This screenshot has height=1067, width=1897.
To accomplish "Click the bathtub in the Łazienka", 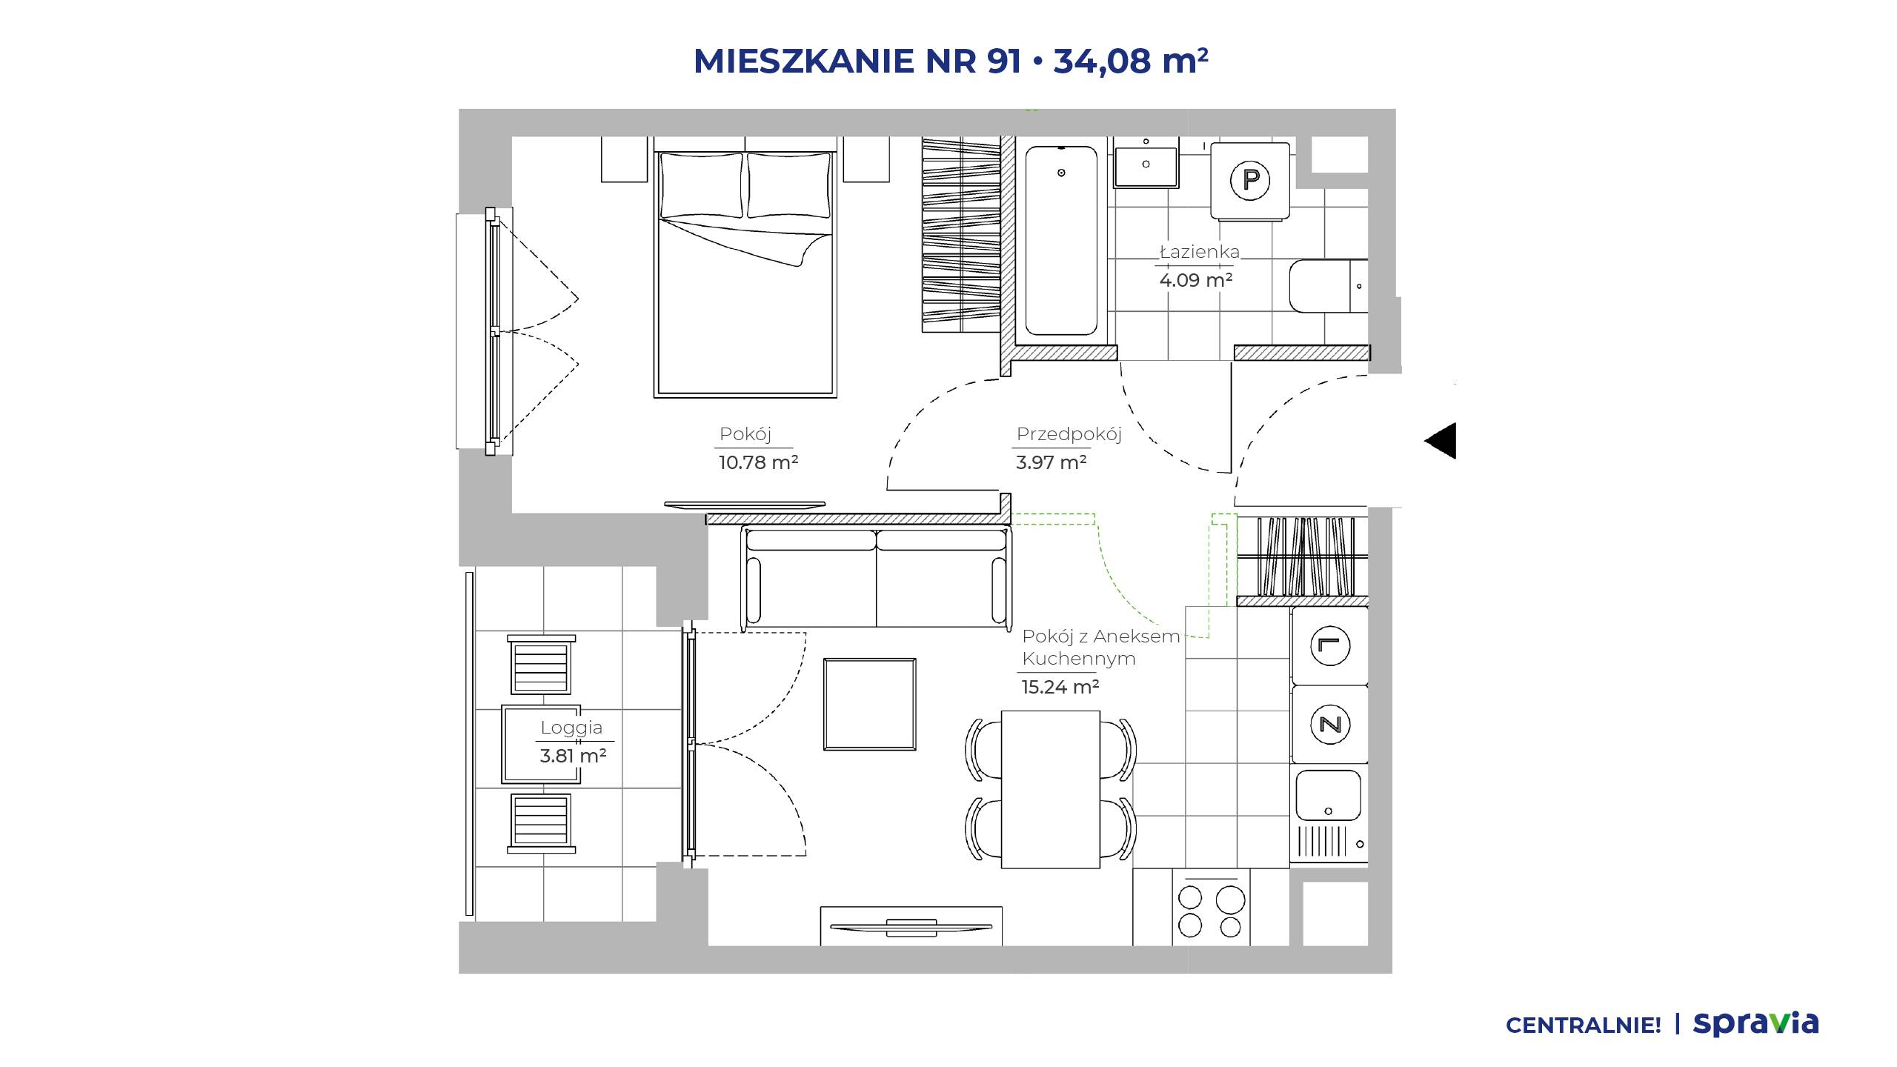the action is pos(1060,241).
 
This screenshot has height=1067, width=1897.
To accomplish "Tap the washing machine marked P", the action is pos(1250,180).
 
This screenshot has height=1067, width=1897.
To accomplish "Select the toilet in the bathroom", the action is pos(1329,286).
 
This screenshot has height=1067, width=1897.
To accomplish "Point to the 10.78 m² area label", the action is pos(758,462).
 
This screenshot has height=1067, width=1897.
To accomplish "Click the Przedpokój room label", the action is pos(1069,434).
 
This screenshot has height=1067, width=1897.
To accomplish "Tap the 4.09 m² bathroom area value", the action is pos(1196,280).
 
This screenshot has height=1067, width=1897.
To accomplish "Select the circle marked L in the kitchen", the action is pos(1330,645).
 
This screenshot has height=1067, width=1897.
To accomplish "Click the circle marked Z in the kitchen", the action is pos(1330,724).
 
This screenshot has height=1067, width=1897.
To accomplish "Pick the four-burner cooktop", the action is pos(1211,908).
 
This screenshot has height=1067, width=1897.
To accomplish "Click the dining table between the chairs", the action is pos(1051,789).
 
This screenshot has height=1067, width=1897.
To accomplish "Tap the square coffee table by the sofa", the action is pos(870,704).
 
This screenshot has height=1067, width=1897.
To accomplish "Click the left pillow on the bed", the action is pos(701,185).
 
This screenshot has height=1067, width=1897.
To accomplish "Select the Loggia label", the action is pos(571,728).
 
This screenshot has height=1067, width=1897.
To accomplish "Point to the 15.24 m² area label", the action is pos(1060,687).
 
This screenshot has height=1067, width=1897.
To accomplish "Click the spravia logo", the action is pos(1755,1023).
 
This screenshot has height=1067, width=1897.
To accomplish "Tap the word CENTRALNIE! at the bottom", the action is pos(1584,1026).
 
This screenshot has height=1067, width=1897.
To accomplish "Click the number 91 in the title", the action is pos(1004,61).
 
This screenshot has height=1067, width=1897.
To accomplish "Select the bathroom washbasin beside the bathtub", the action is pos(1146,167).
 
